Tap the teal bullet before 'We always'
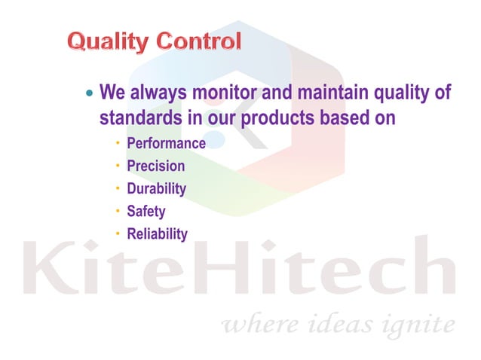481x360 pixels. [90, 96]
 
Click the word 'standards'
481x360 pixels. [137, 118]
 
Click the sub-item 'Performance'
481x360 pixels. [166, 143]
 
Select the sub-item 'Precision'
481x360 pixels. [155, 166]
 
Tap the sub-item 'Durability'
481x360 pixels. [156, 188]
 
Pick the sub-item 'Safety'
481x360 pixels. [146, 212]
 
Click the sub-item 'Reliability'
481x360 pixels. [157, 234]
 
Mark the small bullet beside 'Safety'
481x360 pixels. [118, 211]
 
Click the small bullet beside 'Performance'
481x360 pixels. [118, 142]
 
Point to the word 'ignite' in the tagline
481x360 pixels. [422, 325]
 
